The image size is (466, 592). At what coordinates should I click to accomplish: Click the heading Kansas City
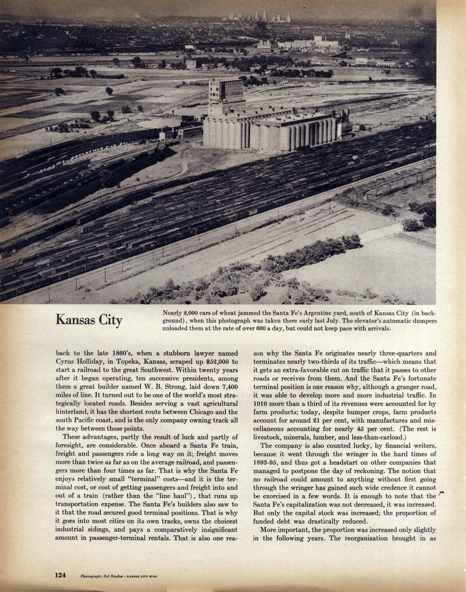coord(89,320)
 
